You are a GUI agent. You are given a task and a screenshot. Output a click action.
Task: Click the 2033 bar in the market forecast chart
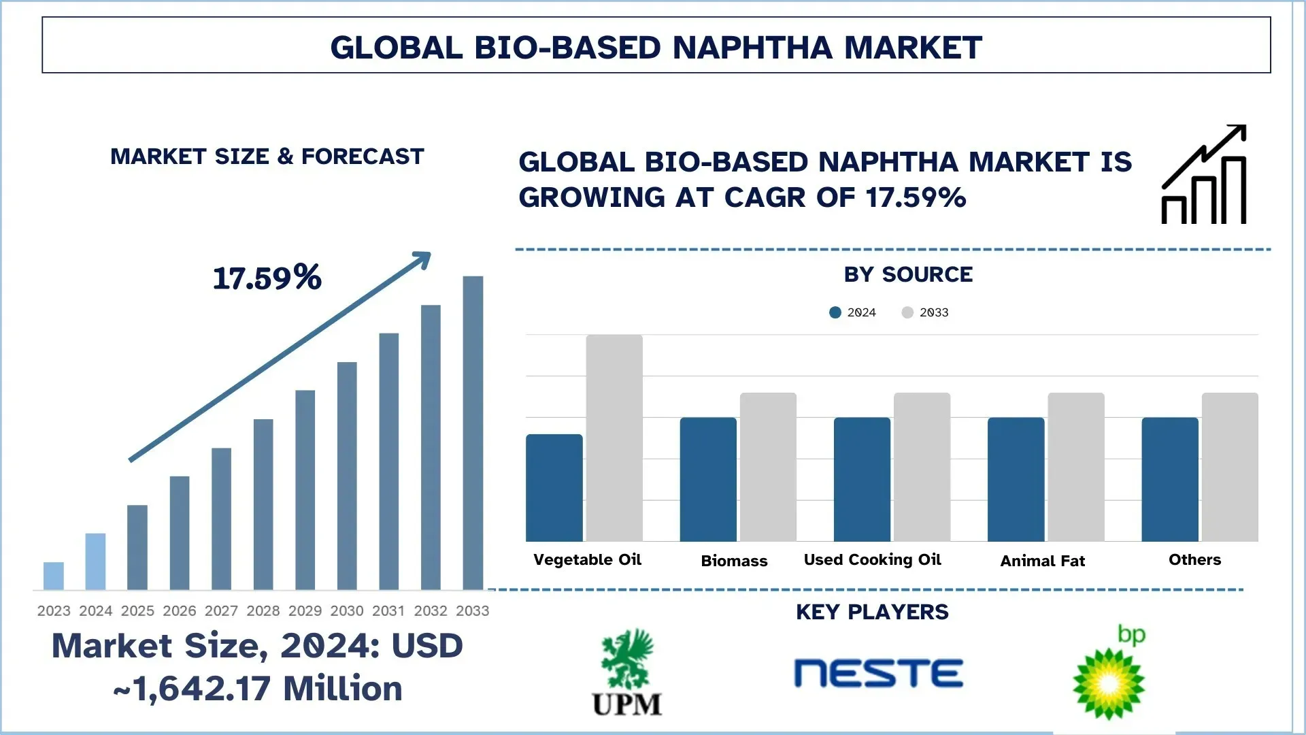tap(473, 432)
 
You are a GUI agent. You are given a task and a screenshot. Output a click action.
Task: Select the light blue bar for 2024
tap(95, 561)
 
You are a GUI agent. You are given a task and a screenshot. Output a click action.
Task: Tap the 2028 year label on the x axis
tap(263, 611)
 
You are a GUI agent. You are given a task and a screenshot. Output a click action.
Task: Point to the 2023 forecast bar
tap(54, 576)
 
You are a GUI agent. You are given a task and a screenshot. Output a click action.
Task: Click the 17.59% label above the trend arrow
tap(267, 278)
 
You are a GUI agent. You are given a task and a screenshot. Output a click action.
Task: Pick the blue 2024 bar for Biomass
tap(708, 479)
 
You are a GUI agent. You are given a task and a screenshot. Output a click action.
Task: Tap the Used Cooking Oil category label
tap(872, 559)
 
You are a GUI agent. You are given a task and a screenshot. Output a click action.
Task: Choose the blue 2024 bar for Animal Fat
tap(1016, 479)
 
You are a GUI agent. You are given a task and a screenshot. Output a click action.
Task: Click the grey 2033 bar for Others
tap(1230, 467)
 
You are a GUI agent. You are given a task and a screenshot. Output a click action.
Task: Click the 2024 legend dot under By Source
tap(835, 312)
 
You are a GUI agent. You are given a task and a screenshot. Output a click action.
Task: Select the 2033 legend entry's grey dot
tap(907, 312)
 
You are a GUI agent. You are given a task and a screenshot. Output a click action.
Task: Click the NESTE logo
tap(878, 673)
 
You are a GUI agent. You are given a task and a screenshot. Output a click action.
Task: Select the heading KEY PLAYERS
tap(872, 612)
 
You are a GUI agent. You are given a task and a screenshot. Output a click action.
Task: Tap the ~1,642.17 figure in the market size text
tap(192, 689)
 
